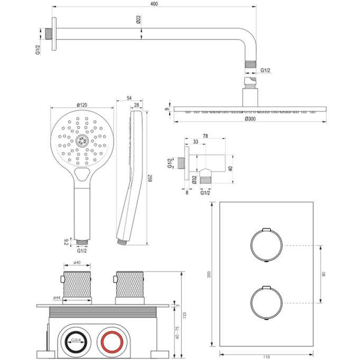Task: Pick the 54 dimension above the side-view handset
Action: (x=130, y=98)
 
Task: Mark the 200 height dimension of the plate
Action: (x=210, y=275)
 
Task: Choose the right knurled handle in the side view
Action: (x=130, y=285)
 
